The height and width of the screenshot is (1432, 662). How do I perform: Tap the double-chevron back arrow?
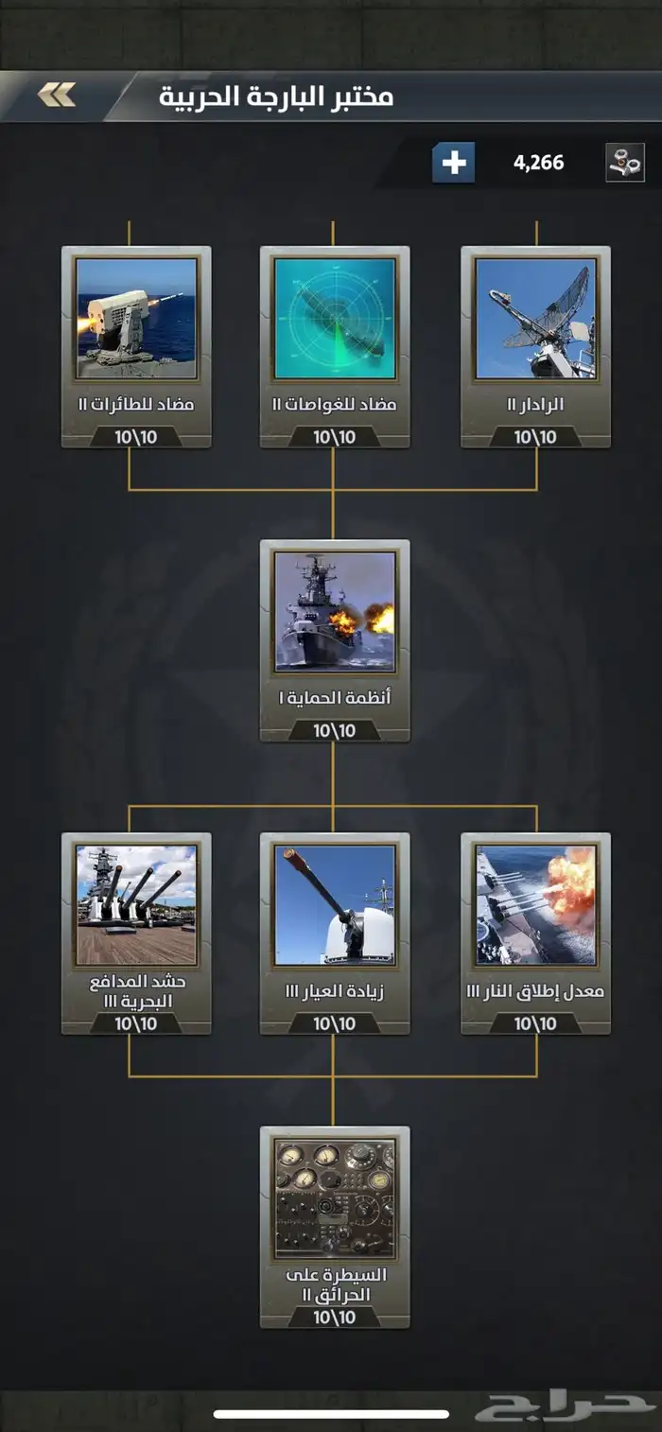tap(56, 95)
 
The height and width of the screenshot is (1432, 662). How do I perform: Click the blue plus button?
tap(453, 163)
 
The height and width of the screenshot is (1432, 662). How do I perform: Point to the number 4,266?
tap(538, 163)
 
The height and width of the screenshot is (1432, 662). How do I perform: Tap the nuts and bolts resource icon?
tap(624, 163)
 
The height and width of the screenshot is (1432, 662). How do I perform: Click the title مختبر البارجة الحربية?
tap(276, 96)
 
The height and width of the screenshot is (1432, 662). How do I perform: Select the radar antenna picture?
tap(535, 319)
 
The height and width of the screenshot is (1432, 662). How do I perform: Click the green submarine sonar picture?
tap(335, 319)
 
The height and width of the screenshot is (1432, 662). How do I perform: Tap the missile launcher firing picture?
tap(136, 319)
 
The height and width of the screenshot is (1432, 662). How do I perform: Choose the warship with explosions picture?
tap(335, 612)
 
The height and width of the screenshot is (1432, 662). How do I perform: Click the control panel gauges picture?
tap(335, 1199)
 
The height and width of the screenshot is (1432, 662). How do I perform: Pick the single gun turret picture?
tap(335, 905)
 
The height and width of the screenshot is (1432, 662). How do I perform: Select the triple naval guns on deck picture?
tap(136, 905)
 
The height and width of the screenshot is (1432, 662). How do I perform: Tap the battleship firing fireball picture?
tap(535, 905)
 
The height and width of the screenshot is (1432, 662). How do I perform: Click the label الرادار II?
tap(535, 404)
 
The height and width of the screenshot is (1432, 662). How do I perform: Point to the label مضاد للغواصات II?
tap(334, 404)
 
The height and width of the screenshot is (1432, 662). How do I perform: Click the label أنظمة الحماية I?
tap(334, 697)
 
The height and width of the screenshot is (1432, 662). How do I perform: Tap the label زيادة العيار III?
tap(334, 991)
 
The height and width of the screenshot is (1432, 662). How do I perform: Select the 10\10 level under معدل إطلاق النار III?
tap(535, 1024)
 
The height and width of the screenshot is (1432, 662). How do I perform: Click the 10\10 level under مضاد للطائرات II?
tap(136, 437)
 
